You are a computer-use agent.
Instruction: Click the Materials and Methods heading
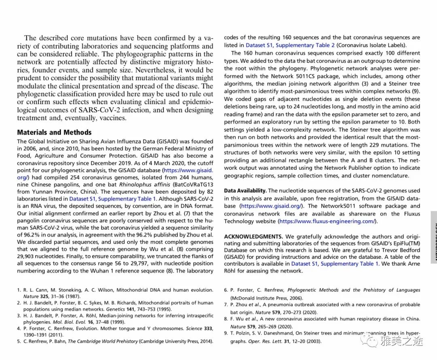coord(54,132)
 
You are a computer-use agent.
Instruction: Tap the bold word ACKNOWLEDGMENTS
coord(253,236)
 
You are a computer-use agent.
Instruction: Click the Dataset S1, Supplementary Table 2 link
coord(290,45)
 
